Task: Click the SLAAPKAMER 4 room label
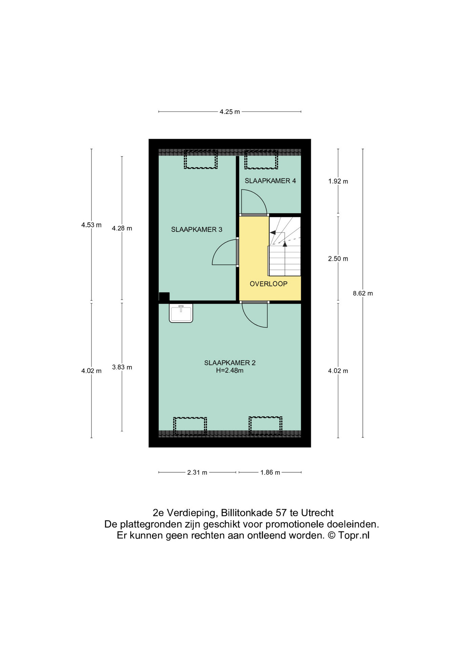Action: (270, 181)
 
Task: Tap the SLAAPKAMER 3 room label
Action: (196, 230)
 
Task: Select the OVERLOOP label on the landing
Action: (269, 284)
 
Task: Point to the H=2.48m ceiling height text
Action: (230, 370)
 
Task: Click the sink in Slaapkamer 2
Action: (181, 313)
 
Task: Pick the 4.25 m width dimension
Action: (230, 112)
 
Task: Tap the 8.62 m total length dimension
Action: (363, 293)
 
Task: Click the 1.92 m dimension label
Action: (338, 181)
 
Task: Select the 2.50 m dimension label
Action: (338, 259)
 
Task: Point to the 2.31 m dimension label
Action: (197, 472)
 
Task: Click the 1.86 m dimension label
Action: (270, 472)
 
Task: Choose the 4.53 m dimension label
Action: (91, 225)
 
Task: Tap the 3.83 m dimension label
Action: (122, 367)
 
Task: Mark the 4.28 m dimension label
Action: (122, 228)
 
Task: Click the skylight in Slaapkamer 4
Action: (261, 160)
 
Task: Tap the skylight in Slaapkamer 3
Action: (201, 160)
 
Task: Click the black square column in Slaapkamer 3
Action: (164, 297)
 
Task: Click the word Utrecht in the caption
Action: (317, 513)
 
